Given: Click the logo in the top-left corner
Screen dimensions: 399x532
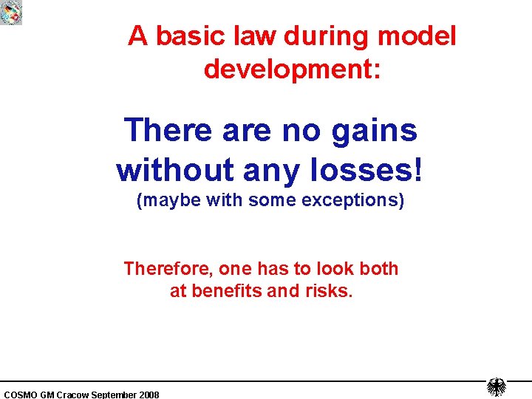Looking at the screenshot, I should click(x=11, y=12).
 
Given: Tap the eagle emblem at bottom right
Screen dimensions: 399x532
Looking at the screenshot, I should click(x=497, y=387).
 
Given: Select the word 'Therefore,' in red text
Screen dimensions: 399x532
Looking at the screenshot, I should click(x=168, y=268).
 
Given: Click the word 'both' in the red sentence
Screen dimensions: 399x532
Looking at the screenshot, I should click(x=378, y=268).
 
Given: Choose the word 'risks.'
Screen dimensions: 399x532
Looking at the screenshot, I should click(x=329, y=291).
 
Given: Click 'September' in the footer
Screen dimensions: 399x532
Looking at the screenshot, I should click(x=115, y=395).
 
